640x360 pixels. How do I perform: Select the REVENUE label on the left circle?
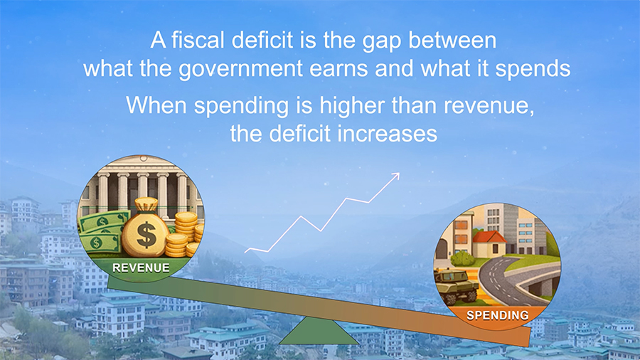[141, 268]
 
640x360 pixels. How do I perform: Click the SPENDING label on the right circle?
[498, 314]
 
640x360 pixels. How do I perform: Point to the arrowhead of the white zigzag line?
[396, 174]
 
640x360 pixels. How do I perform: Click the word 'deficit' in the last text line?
[290, 133]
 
